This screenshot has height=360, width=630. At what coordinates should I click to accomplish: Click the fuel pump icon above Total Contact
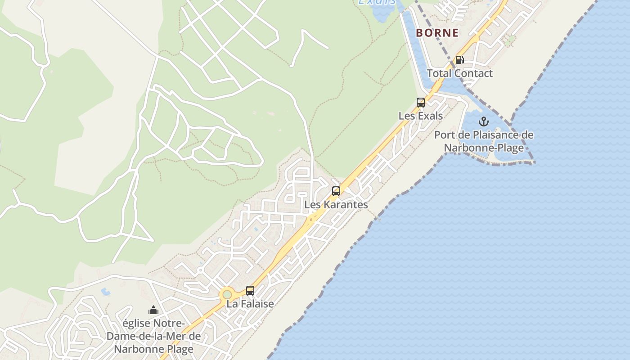459,60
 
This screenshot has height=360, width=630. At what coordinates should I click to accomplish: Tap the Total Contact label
459,73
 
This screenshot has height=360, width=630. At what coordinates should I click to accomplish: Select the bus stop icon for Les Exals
421,103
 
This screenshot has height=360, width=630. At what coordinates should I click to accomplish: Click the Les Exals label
421,116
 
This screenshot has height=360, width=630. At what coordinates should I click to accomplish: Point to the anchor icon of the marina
484,121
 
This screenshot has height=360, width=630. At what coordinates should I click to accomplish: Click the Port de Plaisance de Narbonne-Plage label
484,141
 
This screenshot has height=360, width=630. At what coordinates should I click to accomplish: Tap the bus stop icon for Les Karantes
336,191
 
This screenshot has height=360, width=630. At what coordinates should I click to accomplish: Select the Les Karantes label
336,205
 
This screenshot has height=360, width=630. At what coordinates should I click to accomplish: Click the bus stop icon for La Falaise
250,291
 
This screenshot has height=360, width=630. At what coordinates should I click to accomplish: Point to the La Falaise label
250,304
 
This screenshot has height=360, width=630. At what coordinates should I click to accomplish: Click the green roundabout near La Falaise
227,294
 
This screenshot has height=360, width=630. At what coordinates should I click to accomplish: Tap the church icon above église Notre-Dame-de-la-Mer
153,310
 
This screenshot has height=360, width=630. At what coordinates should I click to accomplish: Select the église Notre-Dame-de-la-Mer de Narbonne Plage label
153,336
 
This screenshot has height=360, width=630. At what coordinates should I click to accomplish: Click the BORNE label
437,33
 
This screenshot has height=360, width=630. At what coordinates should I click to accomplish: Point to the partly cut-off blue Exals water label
377,2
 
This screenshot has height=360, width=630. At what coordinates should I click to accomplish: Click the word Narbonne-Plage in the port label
484,148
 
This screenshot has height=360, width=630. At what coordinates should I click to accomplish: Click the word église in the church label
137,324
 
